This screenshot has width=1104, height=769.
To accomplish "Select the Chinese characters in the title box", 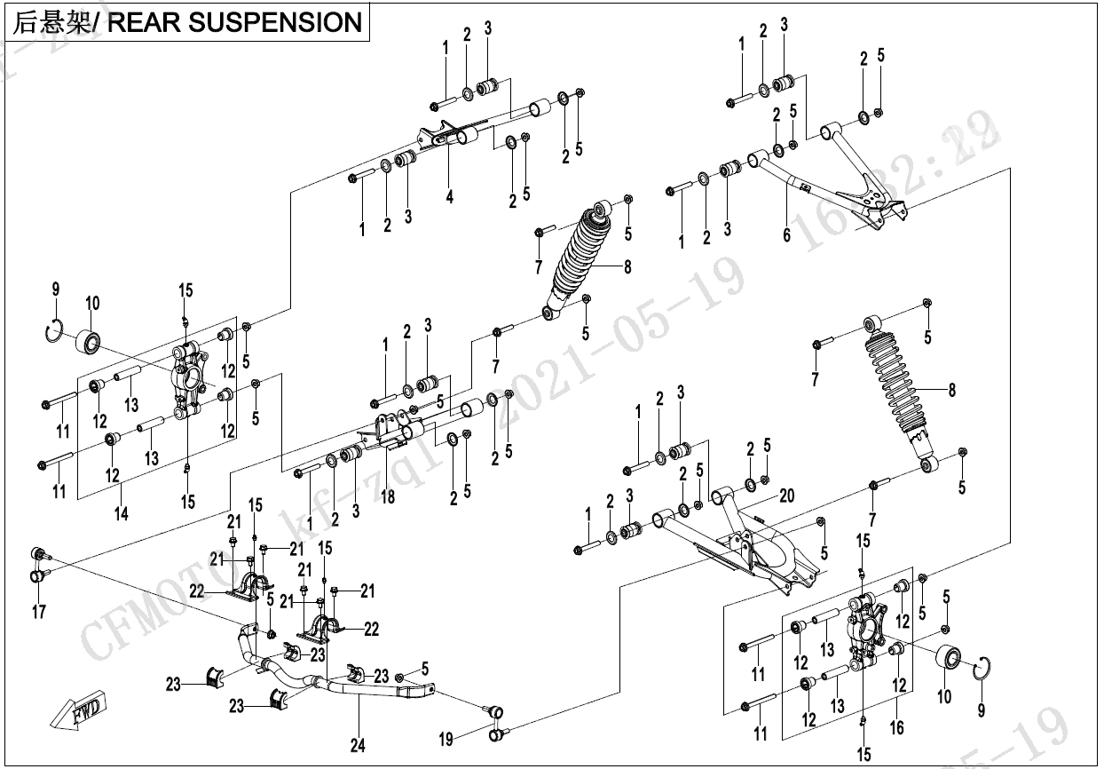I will point(52,22).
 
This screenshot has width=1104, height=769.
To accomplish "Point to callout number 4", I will point(450,197).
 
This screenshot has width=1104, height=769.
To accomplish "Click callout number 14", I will point(121,513).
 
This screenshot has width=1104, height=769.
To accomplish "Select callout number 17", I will point(39,613).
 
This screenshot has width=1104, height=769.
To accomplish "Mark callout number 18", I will point(388,498).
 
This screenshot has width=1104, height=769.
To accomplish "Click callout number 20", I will point(786,495).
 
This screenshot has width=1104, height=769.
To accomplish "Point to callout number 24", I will point(358,745).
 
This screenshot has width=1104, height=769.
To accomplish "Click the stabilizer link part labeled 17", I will point(38,566).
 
